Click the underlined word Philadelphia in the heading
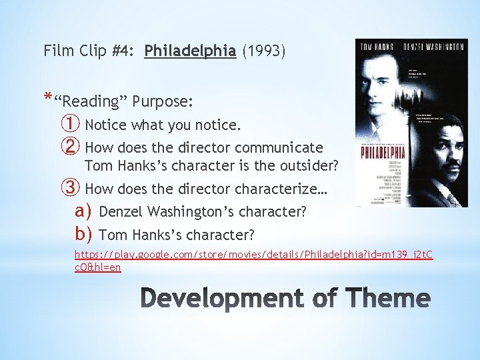coord(190,51)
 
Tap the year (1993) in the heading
coord(264,51)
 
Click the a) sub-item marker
coord(84,211)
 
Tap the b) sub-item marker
coord(84,234)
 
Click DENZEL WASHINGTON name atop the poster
coord(433,47)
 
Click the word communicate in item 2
coord(283,147)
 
